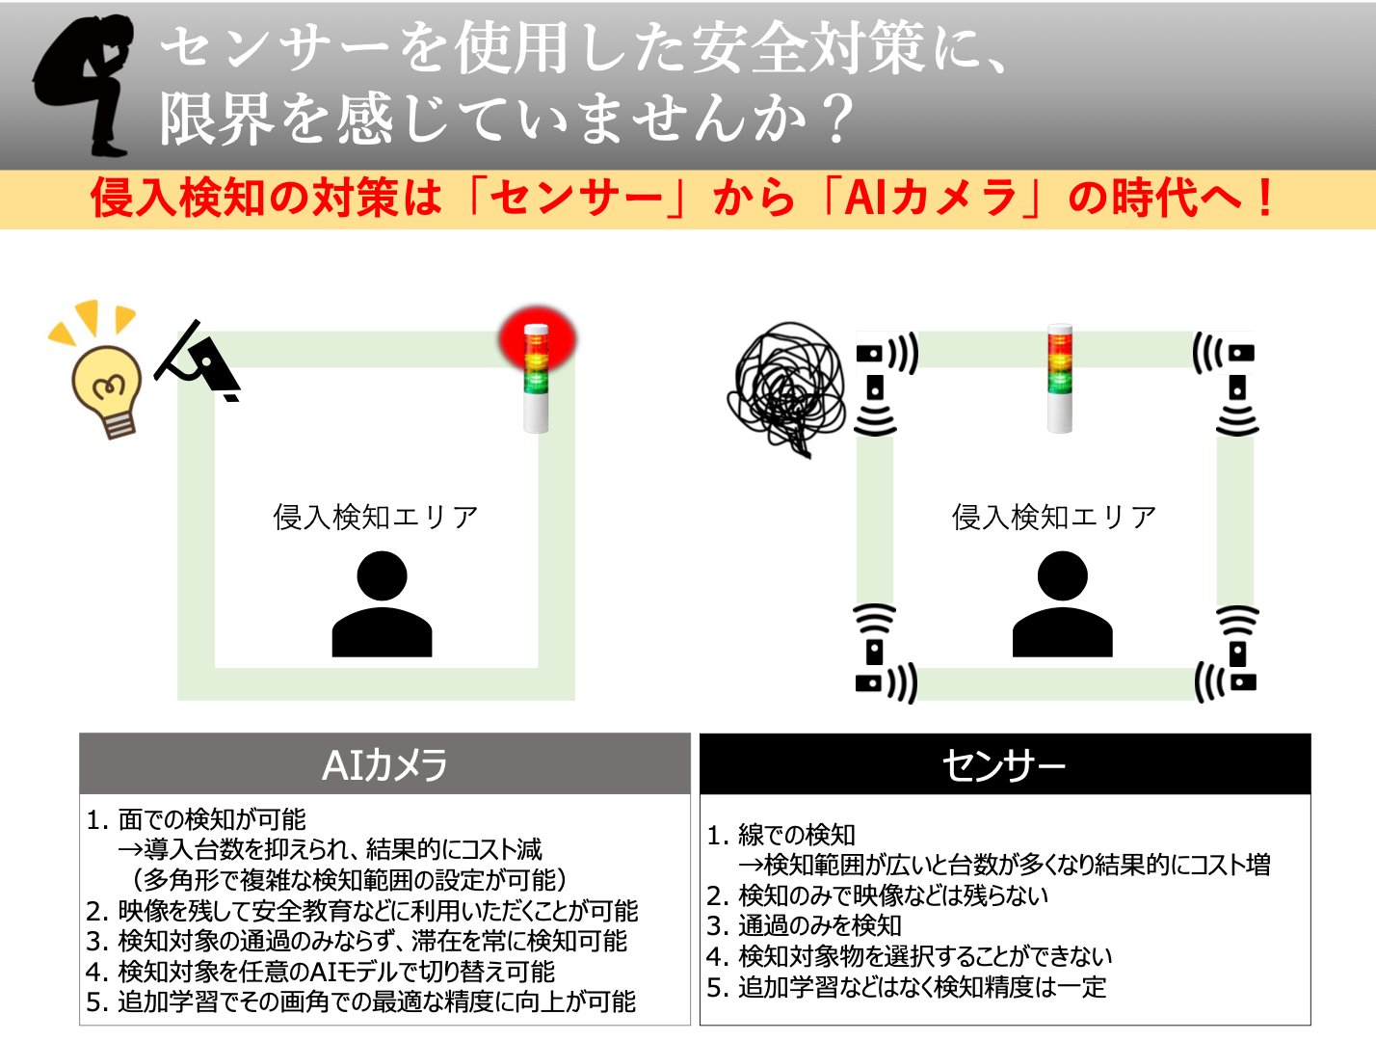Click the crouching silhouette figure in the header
tap(85, 85)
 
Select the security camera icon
tap(200, 362)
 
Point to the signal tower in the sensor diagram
tap(1060, 378)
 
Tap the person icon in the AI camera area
tap(382, 604)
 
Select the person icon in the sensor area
tap(1062, 604)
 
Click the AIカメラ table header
tap(384, 764)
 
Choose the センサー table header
tap(1004, 764)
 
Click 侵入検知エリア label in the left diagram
tap(376, 518)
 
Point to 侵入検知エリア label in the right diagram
tap(1054, 518)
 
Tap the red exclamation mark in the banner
tap(1265, 199)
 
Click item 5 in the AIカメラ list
tap(361, 1001)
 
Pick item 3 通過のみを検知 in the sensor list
tap(806, 925)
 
